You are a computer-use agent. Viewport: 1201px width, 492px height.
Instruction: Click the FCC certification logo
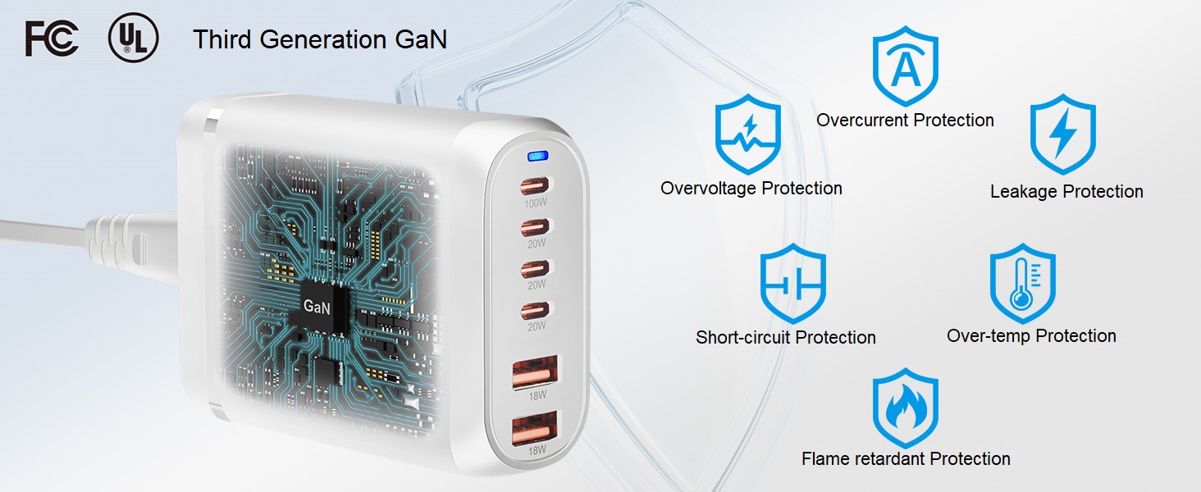point(52,39)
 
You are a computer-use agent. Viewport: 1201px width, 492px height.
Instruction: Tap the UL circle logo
point(133,38)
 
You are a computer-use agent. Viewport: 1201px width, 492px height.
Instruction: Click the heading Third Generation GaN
point(320,39)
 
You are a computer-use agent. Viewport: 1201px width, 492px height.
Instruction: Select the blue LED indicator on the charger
point(537,157)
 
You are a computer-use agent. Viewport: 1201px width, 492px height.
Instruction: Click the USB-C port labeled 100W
point(535,186)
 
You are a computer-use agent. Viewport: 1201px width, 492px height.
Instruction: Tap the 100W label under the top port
point(536,203)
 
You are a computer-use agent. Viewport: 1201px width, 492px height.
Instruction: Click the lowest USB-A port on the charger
point(535,429)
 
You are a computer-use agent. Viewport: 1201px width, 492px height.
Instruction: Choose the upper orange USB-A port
point(534,372)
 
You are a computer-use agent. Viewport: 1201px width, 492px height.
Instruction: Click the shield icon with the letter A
point(906,66)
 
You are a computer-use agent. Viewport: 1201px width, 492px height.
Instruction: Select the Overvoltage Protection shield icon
point(748,134)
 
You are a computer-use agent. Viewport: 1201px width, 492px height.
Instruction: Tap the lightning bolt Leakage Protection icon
point(1063,134)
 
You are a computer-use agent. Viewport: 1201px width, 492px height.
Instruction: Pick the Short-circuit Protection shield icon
point(793,284)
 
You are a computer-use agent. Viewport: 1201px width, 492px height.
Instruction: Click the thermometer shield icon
point(1022,284)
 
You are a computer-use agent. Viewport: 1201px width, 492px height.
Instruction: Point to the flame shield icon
point(906,408)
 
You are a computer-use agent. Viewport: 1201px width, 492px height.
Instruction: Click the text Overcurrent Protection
point(905,120)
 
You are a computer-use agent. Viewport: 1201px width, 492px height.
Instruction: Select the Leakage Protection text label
point(1066,191)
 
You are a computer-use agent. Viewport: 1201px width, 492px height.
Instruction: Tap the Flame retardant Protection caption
point(906,458)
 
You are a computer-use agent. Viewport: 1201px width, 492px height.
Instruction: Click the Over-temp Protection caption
point(1031,336)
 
